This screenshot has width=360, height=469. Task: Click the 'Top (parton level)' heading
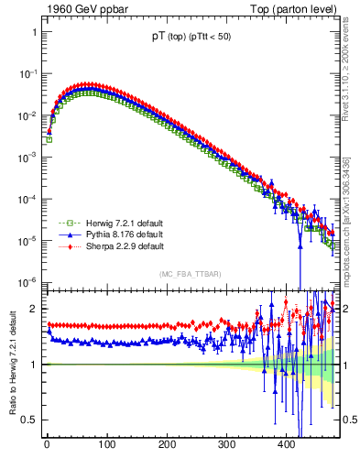pos(293,9)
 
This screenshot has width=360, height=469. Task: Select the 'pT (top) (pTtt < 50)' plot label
pos(193,38)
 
